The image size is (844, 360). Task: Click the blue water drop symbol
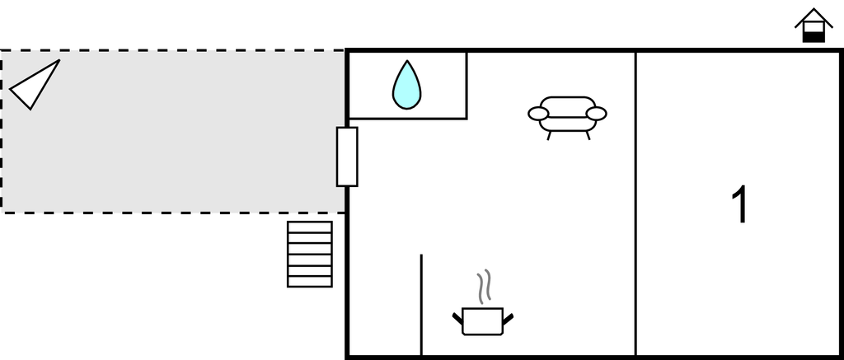pyautogui.click(x=406, y=86)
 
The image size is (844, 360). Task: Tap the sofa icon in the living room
pyautogui.click(x=567, y=115)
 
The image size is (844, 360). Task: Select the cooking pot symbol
pyautogui.click(x=483, y=320)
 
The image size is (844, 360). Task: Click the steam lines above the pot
pyautogui.click(x=486, y=285)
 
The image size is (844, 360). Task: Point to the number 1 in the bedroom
pyautogui.click(x=740, y=205)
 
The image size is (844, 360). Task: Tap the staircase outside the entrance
pyautogui.click(x=310, y=254)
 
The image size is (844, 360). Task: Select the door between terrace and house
pyautogui.click(x=347, y=157)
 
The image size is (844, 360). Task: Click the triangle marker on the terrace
pyautogui.click(x=34, y=84)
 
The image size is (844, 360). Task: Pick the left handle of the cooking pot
pyautogui.click(x=457, y=317)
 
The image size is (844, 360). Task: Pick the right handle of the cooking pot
pyautogui.click(x=508, y=317)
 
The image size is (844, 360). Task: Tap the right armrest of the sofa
pyautogui.click(x=596, y=114)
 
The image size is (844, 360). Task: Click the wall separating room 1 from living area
pyautogui.click(x=635, y=206)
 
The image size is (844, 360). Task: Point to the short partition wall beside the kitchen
pyautogui.click(x=421, y=305)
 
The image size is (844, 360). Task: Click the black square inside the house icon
pyautogui.click(x=814, y=35)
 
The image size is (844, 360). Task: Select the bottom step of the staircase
pyautogui.click(x=310, y=281)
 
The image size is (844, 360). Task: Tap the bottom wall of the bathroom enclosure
pyautogui.click(x=408, y=119)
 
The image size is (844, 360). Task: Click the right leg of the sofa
pyautogui.click(x=588, y=135)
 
